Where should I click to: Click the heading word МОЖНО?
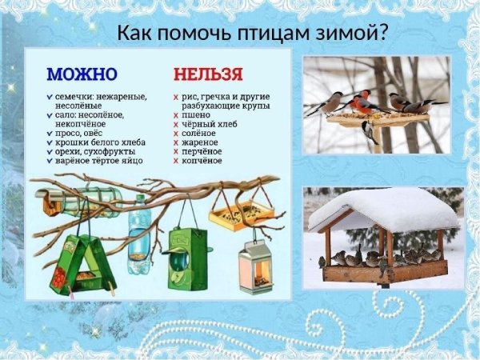82,74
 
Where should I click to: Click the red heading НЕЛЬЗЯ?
208,74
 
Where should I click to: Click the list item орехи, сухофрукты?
95,151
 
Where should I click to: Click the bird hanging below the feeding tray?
368,130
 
